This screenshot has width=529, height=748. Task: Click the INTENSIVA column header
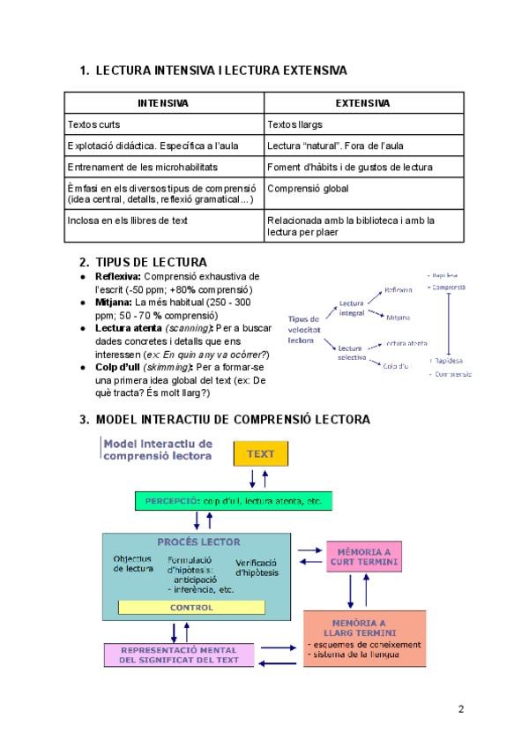click(163, 103)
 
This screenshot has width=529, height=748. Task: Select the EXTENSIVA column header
click(362, 103)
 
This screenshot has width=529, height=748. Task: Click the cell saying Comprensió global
click(308, 188)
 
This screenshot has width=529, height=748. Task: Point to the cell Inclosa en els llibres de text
click(127, 221)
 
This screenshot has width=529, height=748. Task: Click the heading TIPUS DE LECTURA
click(151, 262)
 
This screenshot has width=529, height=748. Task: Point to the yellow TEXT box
click(260, 453)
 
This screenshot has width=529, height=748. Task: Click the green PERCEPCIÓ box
click(233, 501)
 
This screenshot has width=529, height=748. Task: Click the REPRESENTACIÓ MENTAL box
click(179, 654)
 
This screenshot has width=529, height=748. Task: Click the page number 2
click(460, 708)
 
